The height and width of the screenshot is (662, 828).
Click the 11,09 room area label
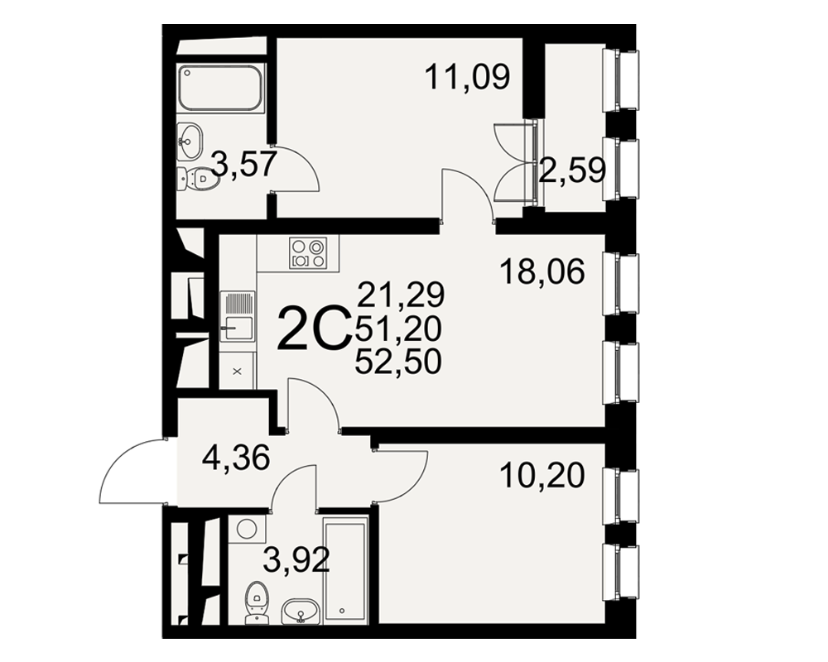pos(467,77)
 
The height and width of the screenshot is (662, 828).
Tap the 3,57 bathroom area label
pos(244,163)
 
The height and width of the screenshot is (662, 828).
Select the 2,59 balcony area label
pos(572,170)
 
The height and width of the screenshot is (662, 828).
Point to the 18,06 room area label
pos(542,272)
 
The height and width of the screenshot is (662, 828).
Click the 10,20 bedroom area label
pos(542,475)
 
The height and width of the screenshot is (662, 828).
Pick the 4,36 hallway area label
pos(236,457)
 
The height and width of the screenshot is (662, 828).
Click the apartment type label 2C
pos(314,329)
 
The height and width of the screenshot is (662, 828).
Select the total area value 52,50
pos(398,362)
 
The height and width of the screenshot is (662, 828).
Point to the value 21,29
pos(402,295)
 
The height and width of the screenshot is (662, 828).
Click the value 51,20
pos(398,329)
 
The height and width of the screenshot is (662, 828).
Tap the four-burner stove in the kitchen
pos(308,253)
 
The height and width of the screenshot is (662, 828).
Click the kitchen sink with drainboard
pos(238,315)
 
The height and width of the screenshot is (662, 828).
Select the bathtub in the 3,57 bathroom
pos(220,88)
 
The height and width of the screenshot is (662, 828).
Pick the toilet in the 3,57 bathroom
pos(198,179)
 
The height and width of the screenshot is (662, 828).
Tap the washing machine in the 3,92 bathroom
pos(247,529)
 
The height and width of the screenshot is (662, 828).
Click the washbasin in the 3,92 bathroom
pos(300,612)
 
